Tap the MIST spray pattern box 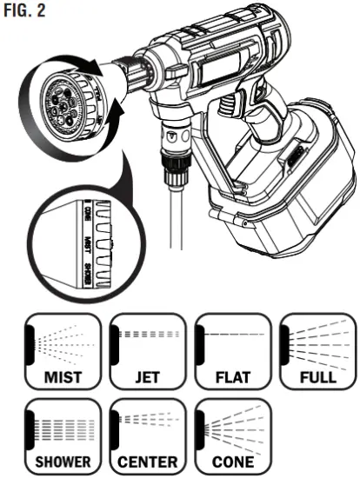60,350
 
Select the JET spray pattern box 143,350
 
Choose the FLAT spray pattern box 229,350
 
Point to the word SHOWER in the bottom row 60,461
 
